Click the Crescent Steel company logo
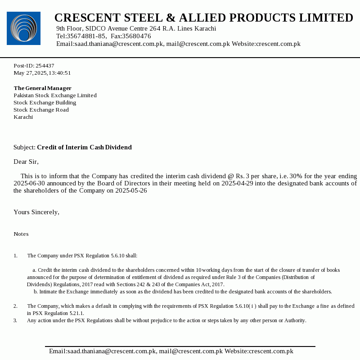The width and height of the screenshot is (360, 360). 23,28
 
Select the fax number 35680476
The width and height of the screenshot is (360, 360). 137,36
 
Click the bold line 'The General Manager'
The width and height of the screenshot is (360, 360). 42,88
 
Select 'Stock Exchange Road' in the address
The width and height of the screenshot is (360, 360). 41,110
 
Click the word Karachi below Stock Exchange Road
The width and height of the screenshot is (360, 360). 23,117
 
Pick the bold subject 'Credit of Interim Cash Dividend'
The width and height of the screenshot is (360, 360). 84,147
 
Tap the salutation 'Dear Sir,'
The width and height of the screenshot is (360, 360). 26,162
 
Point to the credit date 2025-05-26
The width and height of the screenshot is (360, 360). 131,190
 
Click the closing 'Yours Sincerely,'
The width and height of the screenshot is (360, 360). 36,212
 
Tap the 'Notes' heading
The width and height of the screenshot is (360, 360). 21,234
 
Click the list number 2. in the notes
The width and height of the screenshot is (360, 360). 15,306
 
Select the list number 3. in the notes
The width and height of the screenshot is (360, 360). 15,320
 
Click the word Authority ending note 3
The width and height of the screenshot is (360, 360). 294,320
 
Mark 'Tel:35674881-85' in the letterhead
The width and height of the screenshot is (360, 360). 81,36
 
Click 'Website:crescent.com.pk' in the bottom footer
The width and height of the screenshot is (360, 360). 259,351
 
